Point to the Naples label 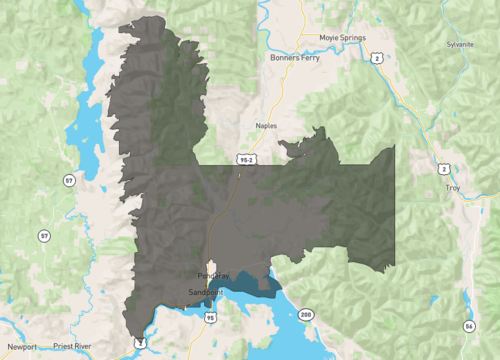pos(265,125)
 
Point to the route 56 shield pos(468,327)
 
